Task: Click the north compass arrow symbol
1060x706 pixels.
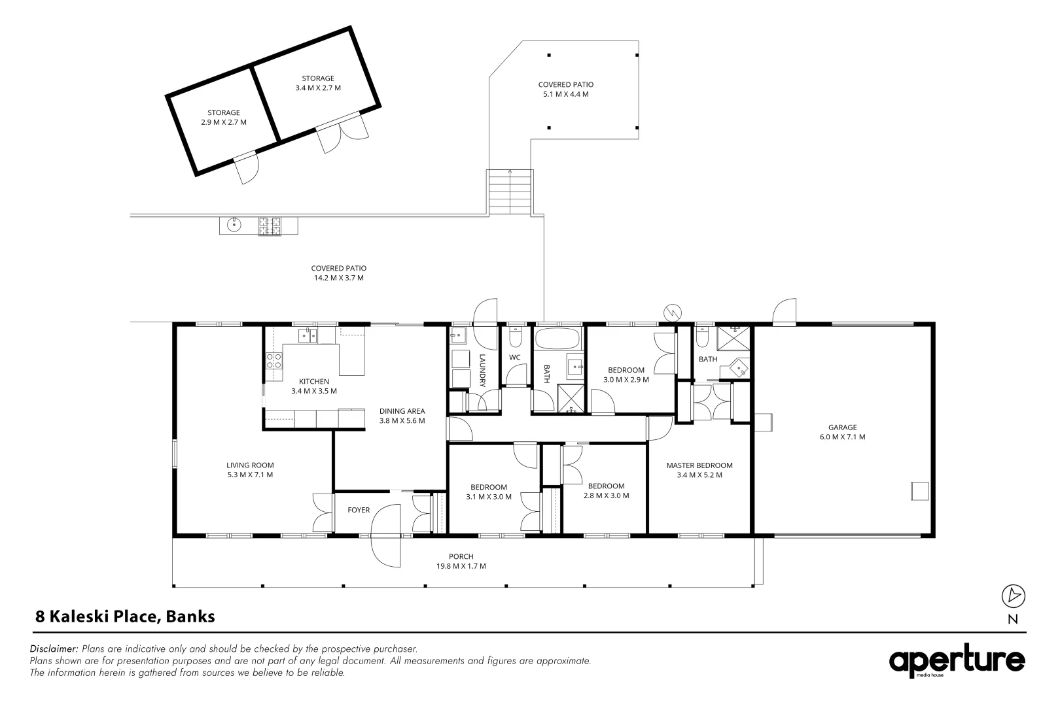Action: point(1013,596)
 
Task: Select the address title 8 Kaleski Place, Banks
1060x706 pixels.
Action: point(126,616)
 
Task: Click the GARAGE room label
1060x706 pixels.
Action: point(842,428)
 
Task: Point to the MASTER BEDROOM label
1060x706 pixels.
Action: point(699,465)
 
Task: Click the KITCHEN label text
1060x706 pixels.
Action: point(313,382)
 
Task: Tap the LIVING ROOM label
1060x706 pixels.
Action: point(250,465)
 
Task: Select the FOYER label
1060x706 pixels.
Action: point(359,510)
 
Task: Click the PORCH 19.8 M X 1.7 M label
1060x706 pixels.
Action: point(461,562)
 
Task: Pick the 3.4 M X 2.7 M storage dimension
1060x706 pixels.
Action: point(318,88)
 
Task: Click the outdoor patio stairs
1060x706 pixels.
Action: point(510,192)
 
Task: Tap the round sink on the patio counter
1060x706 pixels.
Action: point(234,225)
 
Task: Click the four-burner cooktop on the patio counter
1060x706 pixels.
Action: point(270,226)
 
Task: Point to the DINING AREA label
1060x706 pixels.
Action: point(402,411)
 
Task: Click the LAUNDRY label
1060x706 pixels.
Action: point(482,371)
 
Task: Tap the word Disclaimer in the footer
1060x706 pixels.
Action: point(54,648)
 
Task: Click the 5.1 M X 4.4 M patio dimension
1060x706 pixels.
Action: point(566,94)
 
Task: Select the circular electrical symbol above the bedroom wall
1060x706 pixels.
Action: point(673,312)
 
